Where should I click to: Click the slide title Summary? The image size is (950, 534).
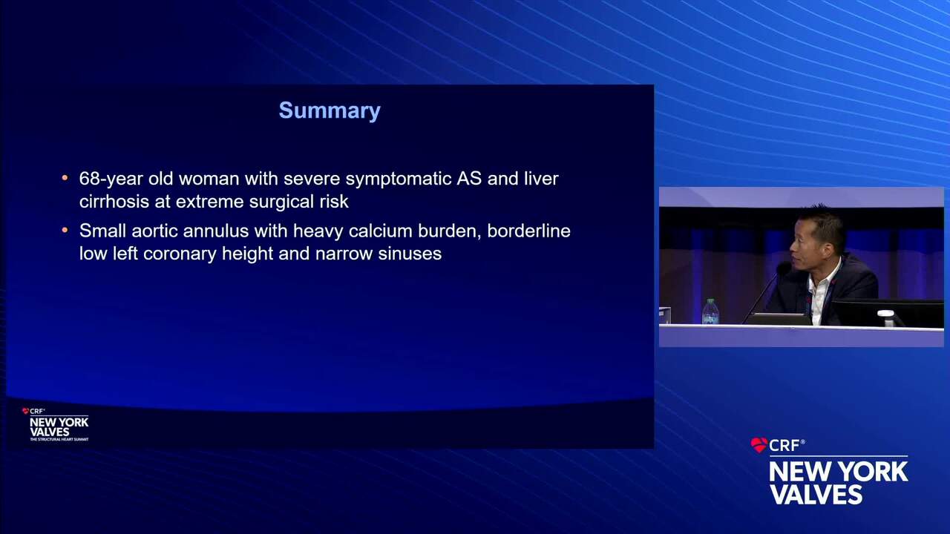[x=330, y=111]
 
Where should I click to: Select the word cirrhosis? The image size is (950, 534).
[x=114, y=201]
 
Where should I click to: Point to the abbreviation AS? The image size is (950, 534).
[x=469, y=179]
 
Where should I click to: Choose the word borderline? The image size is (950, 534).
[x=528, y=231]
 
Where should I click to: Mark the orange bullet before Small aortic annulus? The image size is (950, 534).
[x=65, y=230]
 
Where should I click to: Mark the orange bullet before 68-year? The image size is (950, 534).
[x=65, y=177]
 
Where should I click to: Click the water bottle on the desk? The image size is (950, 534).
[x=710, y=311]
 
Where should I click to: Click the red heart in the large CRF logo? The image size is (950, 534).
[x=759, y=445]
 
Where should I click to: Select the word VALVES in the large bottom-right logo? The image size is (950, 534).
[x=816, y=494]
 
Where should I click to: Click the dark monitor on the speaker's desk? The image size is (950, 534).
[x=888, y=313]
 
